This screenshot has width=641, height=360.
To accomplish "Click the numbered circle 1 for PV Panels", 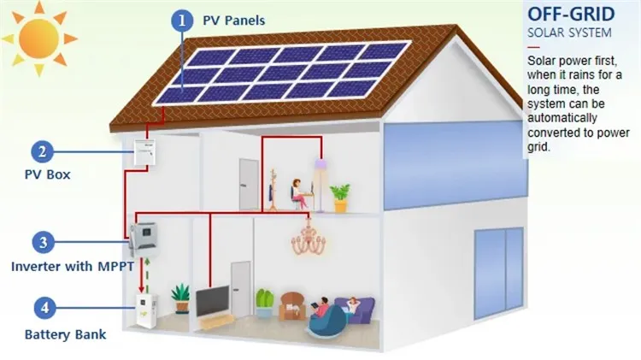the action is click(x=182, y=20).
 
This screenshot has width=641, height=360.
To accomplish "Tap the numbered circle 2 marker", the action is click(x=42, y=151).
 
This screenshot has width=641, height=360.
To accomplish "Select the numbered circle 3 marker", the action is click(x=43, y=242).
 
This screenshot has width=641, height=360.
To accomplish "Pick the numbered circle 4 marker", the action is click(x=44, y=308).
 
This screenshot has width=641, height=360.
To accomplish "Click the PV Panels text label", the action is click(x=234, y=21).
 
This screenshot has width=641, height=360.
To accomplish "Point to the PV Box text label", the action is click(x=47, y=174).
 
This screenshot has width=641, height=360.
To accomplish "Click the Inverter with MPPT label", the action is click(x=73, y=267).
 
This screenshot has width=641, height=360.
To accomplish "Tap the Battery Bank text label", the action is click(x=66, y=334).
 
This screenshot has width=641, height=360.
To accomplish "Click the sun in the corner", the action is click(x=38, y=38).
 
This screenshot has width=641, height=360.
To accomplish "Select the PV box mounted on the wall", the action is click(x=145, y=151).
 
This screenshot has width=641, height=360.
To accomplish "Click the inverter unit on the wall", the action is click(x=144, y=239).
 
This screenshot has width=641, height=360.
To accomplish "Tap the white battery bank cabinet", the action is click(x=146, y=311).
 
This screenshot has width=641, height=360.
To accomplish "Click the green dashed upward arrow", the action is click(x=148, y=275).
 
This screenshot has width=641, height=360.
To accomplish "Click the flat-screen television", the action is click(x=212, y=301).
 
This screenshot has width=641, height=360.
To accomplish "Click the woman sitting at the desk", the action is click(x=298, y=193).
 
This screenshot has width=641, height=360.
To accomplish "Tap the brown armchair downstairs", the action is click(x=292, y=306).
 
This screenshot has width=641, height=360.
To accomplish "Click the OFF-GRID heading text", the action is click(x=571, y=14).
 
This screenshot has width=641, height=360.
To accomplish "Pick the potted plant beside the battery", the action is click(x=180, y=298).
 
